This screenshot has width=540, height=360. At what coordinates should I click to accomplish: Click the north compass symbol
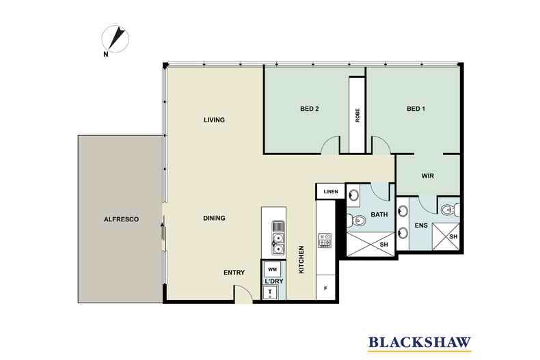pyautogui.click(x=116, y=40)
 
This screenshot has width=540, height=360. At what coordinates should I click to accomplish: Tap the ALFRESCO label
pyautogui.click(x=121, y=219)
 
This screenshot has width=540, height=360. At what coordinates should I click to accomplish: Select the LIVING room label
pyautogui.click(x=214, y=120)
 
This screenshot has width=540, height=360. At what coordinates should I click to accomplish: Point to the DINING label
pyautogui.click(x=214, y=218)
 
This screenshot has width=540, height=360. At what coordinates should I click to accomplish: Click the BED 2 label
pyautogui.click(x=309, y=109)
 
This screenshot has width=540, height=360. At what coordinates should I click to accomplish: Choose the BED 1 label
pyautogui.click(x=416, y=109)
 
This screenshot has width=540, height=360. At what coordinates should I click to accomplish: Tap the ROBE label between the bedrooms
pyautogui.click(x=357, y=115)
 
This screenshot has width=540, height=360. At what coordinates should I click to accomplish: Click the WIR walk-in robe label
pyautogui.click(x=428, y=176)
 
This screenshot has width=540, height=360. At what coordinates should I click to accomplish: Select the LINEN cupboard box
pyautogui.click(x=331, y=191)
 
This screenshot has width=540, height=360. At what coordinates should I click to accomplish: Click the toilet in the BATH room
pyautogui.click(x=356, y=219)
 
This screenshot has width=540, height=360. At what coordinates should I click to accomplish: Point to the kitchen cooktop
pyautogui.click(x=325, y=240)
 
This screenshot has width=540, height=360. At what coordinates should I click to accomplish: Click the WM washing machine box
pyautogui.click(x=272, y=269)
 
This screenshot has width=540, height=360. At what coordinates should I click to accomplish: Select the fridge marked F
pyautogui.click(x=325, y=288)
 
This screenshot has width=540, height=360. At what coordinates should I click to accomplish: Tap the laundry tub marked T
pyautogui.click(x=270, y=293)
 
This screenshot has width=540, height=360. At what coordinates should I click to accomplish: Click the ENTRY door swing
pyautogui.click(x=243, y=293)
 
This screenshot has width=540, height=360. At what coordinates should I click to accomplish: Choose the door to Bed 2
pyautogui.click(x=330, y=145)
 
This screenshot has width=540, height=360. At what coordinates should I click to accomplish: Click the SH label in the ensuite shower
pyautogui.click(x=453, y=237)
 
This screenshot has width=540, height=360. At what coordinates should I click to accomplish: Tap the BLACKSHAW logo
pyautogui.click(x=420, y=343)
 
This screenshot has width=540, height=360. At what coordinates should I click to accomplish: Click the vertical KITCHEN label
pyautogui.click(x=301, y=260)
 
